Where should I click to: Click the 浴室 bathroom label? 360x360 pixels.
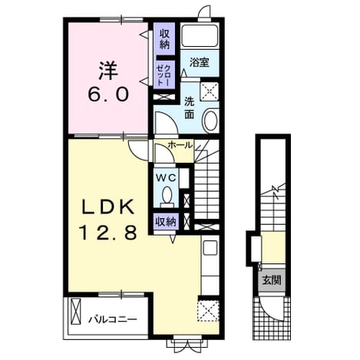click(200, 62)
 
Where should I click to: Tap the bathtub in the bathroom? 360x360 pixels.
click(200, 35)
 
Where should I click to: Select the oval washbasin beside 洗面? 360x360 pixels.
click(210, 121)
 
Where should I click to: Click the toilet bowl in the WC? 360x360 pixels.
click(167, 194)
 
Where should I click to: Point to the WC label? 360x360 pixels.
click(166, 177)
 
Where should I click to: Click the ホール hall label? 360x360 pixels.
click(180, 145)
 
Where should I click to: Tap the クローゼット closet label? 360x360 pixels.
click(164, 75)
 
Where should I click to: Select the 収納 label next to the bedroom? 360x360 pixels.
click(164, 39)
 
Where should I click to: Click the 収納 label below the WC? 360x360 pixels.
click(166, 222)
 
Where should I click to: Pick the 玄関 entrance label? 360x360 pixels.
click(272, 280)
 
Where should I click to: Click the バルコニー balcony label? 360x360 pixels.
click(113, 319)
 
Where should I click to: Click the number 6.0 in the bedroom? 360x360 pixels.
click(108, 94)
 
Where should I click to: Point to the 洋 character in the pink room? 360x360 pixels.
click(108, 71)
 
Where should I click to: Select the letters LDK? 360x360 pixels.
click(108, 207)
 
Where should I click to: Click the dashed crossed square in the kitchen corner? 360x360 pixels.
click(209, 310)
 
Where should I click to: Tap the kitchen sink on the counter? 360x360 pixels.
click(210, 248)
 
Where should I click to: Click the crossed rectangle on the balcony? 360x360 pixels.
click(76, 312)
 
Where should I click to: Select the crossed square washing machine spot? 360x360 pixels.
click(210, 91)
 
